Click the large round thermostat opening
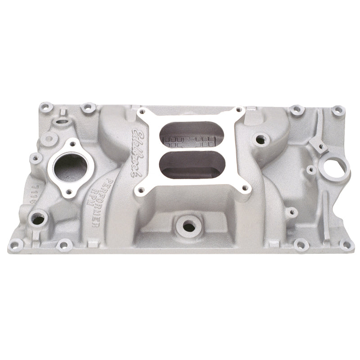coord(71,166)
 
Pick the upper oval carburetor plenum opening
coord(191,135)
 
